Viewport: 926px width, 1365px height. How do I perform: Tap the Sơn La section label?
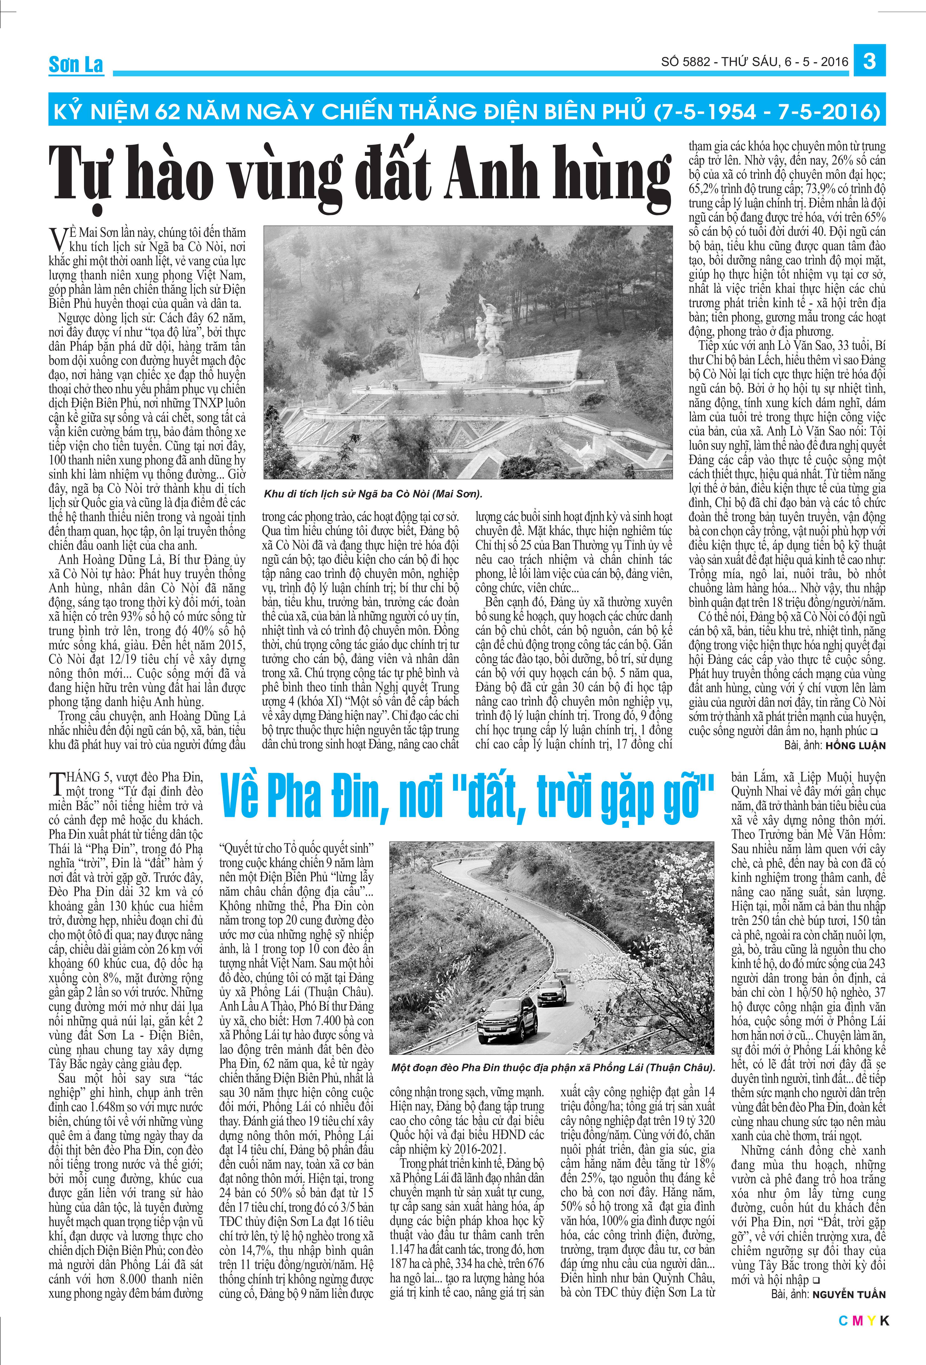(x=76, y=65)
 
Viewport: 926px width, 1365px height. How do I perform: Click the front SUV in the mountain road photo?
(x=506, y=1019)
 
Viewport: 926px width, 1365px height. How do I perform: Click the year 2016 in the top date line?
(x=835, y=61)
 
